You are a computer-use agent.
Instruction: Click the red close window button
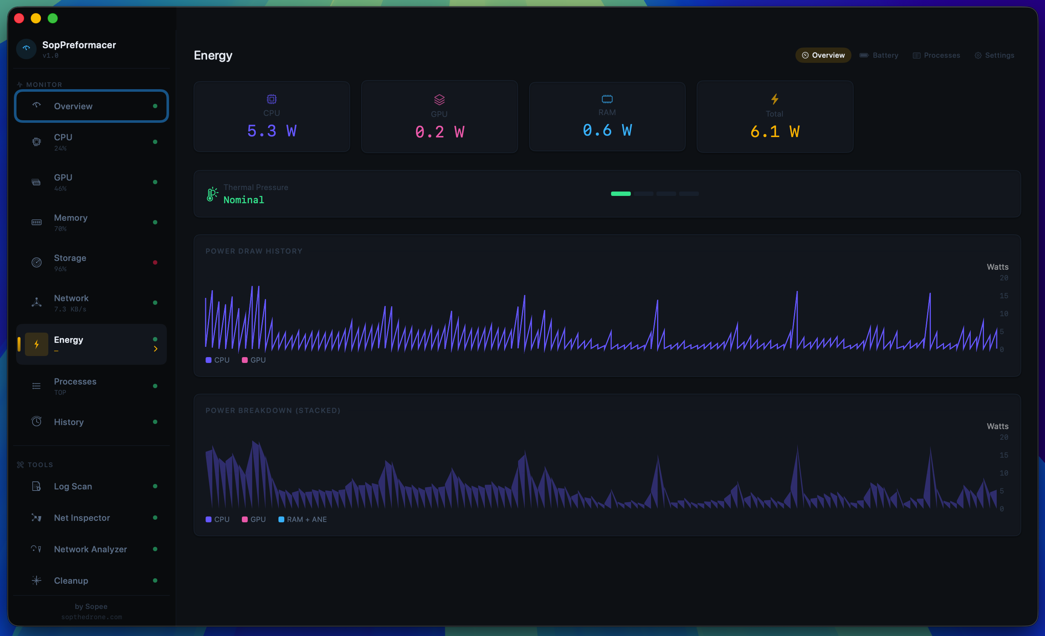[x=19, y=18]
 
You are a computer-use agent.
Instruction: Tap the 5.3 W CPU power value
[x=271, y=131]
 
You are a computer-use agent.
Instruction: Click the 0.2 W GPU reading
[x=439, y=132]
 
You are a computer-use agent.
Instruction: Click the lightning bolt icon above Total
[x=774, y=99]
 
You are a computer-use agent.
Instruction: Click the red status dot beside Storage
[x=155, y=262]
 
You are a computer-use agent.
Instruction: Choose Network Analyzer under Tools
[x=90, y=549]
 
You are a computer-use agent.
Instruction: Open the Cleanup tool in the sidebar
[x=71, y=580]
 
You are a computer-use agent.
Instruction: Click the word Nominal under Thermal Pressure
[x=243, y=200]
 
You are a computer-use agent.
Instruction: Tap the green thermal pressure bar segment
[x=621, y=194]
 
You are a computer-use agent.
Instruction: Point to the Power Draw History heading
[x=254, y=251]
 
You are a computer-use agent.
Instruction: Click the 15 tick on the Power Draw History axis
[x=1003, y=296]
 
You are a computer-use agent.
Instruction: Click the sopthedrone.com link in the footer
[x=91, y=617]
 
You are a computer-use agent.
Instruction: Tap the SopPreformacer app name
[x=79, y=45]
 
